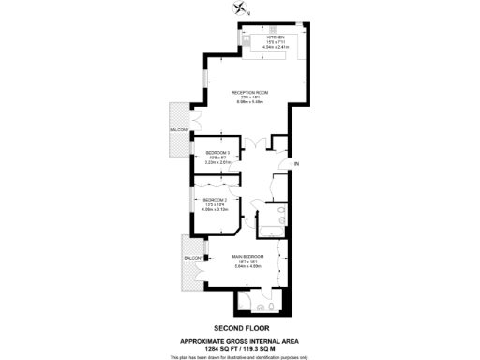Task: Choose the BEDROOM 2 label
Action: point(216,199)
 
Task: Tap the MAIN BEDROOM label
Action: point(248,256)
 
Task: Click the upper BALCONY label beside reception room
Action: point(180,130)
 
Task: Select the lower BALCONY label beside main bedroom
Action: point(193,257)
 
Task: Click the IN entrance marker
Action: point(295,165)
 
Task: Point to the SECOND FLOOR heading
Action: point(240,327)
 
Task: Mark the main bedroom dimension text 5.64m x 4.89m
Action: point(248,267)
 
